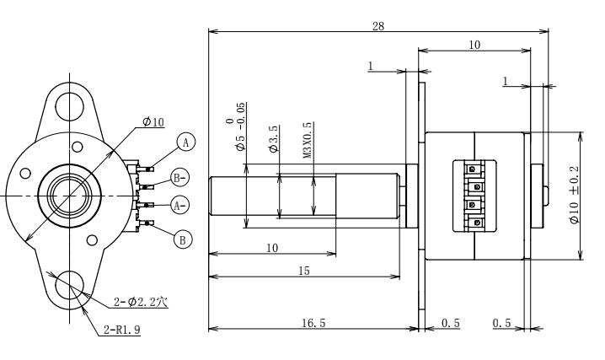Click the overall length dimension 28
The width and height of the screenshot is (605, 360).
point(378,26)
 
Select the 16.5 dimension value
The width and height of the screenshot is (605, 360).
point(313,323)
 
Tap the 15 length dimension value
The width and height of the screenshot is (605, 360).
point(304,271)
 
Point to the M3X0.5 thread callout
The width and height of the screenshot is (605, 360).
point(307,141)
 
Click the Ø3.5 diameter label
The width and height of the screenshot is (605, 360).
point(273,139)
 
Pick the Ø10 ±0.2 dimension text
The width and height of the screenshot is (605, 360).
point(574,195)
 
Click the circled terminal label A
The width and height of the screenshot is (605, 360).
point(186,142)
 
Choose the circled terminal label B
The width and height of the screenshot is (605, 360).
point(183,239)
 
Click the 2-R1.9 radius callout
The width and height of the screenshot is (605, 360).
point(122,330)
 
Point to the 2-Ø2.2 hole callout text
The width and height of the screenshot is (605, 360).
point(141,302)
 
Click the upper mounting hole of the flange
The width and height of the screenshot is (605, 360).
point(69,106)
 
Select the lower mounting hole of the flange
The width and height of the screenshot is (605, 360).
point(69,285)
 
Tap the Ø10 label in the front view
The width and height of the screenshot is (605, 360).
point(153,122)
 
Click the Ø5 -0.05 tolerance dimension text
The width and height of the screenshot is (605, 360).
point(235,126)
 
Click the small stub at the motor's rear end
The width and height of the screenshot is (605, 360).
point(545,196)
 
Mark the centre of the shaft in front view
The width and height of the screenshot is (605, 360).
point(69,196)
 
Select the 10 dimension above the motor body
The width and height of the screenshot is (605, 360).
point(474,46)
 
